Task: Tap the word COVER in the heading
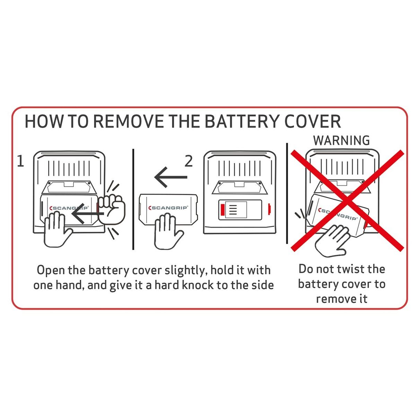click(x=312, y=121)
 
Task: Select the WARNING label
click(x=341, y=140)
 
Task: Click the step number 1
click(x=20, y=161)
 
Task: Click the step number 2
click(x=189, y=161)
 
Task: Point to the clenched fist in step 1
click(x=112, y=209)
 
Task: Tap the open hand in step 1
click(x=57, y=229)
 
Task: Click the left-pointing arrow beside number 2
click(x=171, y=177)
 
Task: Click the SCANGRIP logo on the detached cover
click(x=168, y=208)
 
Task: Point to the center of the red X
click(x=347, y=201)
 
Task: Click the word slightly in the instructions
click(x=184, y=271)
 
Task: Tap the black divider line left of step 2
click(x=133, y=199)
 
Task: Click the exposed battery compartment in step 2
click(x=240, y=210)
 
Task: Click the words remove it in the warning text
click(x=341, y=299)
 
